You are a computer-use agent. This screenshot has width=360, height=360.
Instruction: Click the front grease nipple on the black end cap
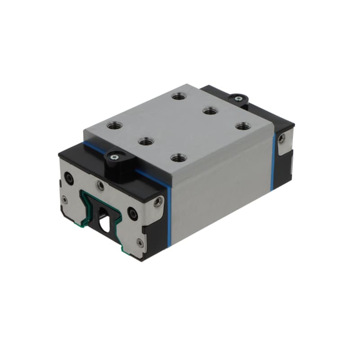(x=115, y=157)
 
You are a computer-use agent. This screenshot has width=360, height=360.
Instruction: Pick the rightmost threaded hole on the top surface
(x=243, y=126)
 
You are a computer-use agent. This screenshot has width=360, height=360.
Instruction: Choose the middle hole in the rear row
(x=210, y=110)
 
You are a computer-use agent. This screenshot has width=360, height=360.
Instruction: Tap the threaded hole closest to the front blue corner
(x=178, y=158)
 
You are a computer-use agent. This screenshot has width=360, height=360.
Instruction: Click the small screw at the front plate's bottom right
(x=140, y=243)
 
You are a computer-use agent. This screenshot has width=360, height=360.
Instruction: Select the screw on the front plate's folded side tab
(x=157, y=203)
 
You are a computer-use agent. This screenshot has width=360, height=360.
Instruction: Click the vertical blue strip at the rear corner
(x=273, y=162)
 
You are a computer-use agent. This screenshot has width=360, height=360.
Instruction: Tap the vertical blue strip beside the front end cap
(x=169, y=216)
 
